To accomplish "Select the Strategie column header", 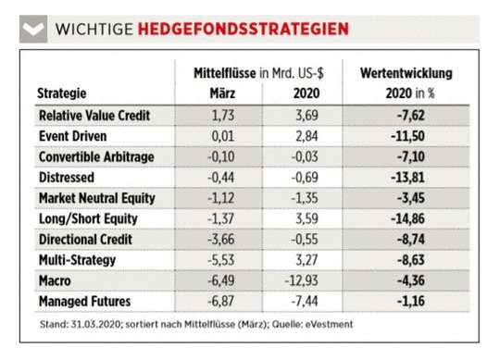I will pyautogui.click(x=63, y=93).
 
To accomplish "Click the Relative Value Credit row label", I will pyautogui.click(x=94, y=116).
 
